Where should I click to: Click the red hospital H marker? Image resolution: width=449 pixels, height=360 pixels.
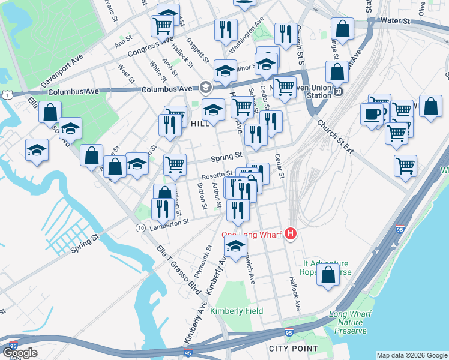tap(291, 234)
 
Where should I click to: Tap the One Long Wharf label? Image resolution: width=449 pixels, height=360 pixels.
tap(252, 235)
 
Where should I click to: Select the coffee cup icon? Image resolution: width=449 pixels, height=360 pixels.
tap(372, 114)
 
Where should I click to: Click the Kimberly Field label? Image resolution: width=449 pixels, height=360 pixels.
tap(237, 311)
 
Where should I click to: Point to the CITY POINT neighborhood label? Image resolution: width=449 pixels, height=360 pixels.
tap(293, 349)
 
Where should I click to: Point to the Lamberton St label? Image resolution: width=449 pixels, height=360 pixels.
tap(170, 221)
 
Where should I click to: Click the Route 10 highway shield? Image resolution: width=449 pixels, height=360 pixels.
tap(140, 228)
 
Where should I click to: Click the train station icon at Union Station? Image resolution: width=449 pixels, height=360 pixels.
tap(338, 92)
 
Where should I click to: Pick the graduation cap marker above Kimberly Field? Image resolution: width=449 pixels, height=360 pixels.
tap(235, 245)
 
